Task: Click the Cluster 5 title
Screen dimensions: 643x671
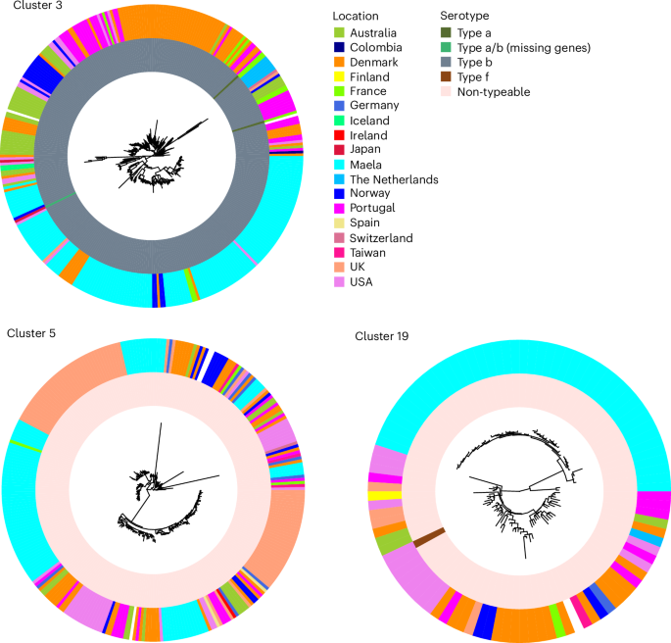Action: pyautogui.click(x=30, y=333)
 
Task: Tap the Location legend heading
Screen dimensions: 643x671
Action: pyautogui.click(x=357, y=17)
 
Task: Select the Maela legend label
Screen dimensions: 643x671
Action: pyautogui.click(x=366, y=165)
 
